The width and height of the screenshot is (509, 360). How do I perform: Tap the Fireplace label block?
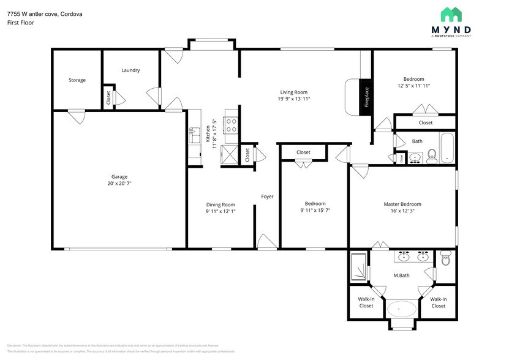point(366,97)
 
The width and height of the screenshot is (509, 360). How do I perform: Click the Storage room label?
point(77,80)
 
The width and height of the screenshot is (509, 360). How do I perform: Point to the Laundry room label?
point(130,70)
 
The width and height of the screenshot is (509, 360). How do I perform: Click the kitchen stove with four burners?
point(232,125)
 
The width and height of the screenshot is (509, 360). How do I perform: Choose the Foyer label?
point(267,197)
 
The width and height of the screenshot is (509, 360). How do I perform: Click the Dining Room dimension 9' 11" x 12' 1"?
point(212,211)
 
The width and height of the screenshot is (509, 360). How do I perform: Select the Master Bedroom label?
point(402,204)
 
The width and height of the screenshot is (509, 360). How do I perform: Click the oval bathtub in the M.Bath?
point(402,308)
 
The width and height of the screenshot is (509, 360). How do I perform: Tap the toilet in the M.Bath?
point(445,260)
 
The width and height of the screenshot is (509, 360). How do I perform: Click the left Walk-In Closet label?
point(366,302)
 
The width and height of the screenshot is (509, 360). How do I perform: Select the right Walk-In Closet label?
point(438,302)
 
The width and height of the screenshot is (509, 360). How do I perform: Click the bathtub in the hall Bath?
point(448,148)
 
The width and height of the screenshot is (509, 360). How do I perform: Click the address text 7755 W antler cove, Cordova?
point(45,13)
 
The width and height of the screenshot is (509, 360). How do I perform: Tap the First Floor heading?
point(21,23)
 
